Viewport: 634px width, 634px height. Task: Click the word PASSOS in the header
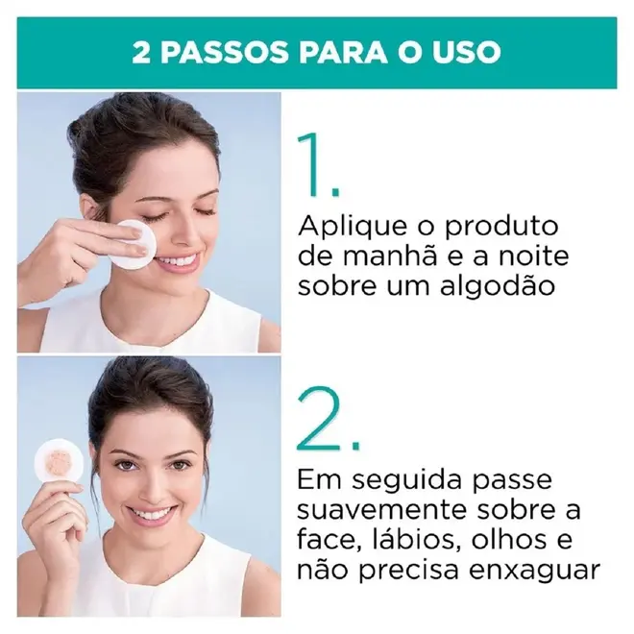pos(225,53)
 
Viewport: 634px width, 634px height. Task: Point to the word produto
pos(501,227)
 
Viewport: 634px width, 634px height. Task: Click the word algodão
pos(497,287)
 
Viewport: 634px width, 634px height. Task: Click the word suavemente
pos(382,510)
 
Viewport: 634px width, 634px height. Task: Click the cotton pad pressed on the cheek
pos(134,244)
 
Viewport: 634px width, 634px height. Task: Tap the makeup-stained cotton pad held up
pos(59,462)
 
